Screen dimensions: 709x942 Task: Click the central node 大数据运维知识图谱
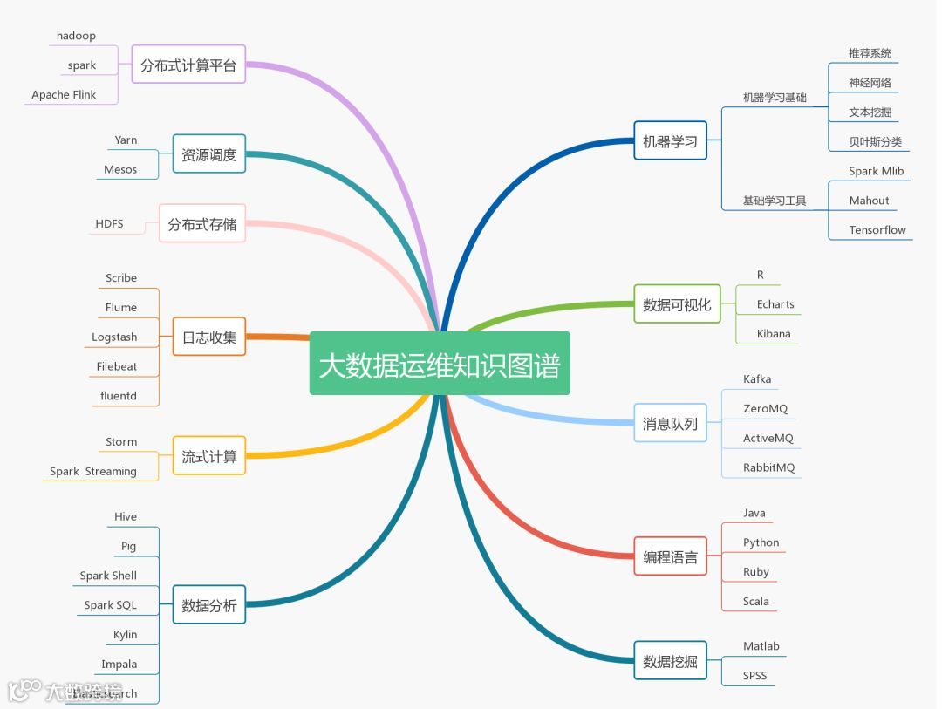tap(440, 364)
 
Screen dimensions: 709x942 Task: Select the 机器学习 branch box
tap(670, 141)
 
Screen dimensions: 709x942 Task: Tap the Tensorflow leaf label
tap(877, 230)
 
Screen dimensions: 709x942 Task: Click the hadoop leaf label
tap(76, 36)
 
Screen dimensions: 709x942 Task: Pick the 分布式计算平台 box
tap(188, 65)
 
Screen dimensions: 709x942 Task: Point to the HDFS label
tap(109, 224)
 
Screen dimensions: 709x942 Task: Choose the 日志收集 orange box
tap(209, 337)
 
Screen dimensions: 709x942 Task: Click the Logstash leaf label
tap(114, 337)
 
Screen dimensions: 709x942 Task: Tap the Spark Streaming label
tap(93, 472)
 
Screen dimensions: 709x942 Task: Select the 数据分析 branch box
tap(209, 605)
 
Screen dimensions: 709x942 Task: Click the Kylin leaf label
tap(125, 635)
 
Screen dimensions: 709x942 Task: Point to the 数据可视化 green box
tap(677, 304)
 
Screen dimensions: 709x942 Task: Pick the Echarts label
tap(775, 304)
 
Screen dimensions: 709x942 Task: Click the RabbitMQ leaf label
tap(768, 467)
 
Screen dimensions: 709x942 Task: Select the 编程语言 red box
tap(670, 556)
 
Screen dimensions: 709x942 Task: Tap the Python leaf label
tap(761, 542)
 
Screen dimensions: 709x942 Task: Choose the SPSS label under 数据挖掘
tap(754, 676)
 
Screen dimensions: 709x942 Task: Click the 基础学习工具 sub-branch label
tap(774, 201)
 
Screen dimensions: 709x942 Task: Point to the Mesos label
tap(120, 169)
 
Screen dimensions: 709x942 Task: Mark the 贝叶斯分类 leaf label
tap(875, 142)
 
